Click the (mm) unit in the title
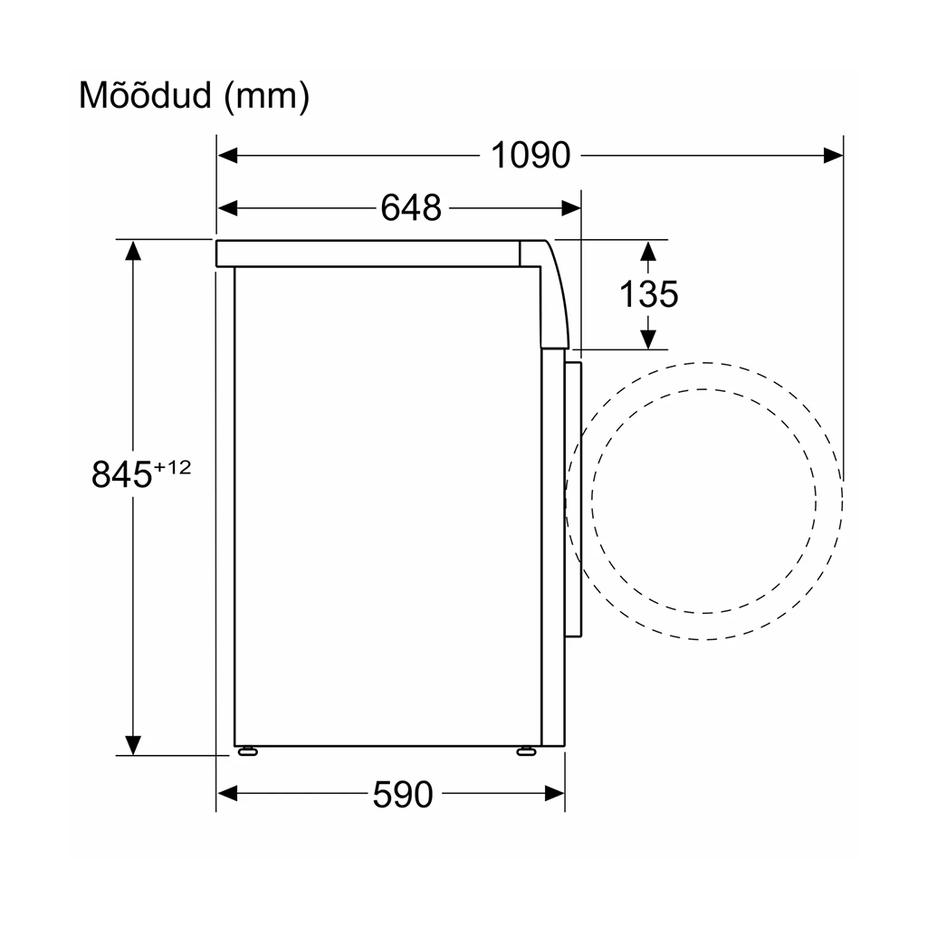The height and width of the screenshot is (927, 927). (267, 96)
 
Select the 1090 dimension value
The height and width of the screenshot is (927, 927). (530, 156)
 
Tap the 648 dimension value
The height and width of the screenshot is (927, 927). (411, 208)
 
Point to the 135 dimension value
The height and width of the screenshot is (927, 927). (648, 294)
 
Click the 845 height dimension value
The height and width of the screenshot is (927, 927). (122, 474)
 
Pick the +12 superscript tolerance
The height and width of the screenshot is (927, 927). (173, 468)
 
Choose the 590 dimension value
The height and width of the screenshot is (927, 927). (403, 794)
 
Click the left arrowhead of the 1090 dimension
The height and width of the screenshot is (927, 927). (227, 156)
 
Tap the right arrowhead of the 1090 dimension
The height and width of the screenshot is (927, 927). (833, 156)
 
